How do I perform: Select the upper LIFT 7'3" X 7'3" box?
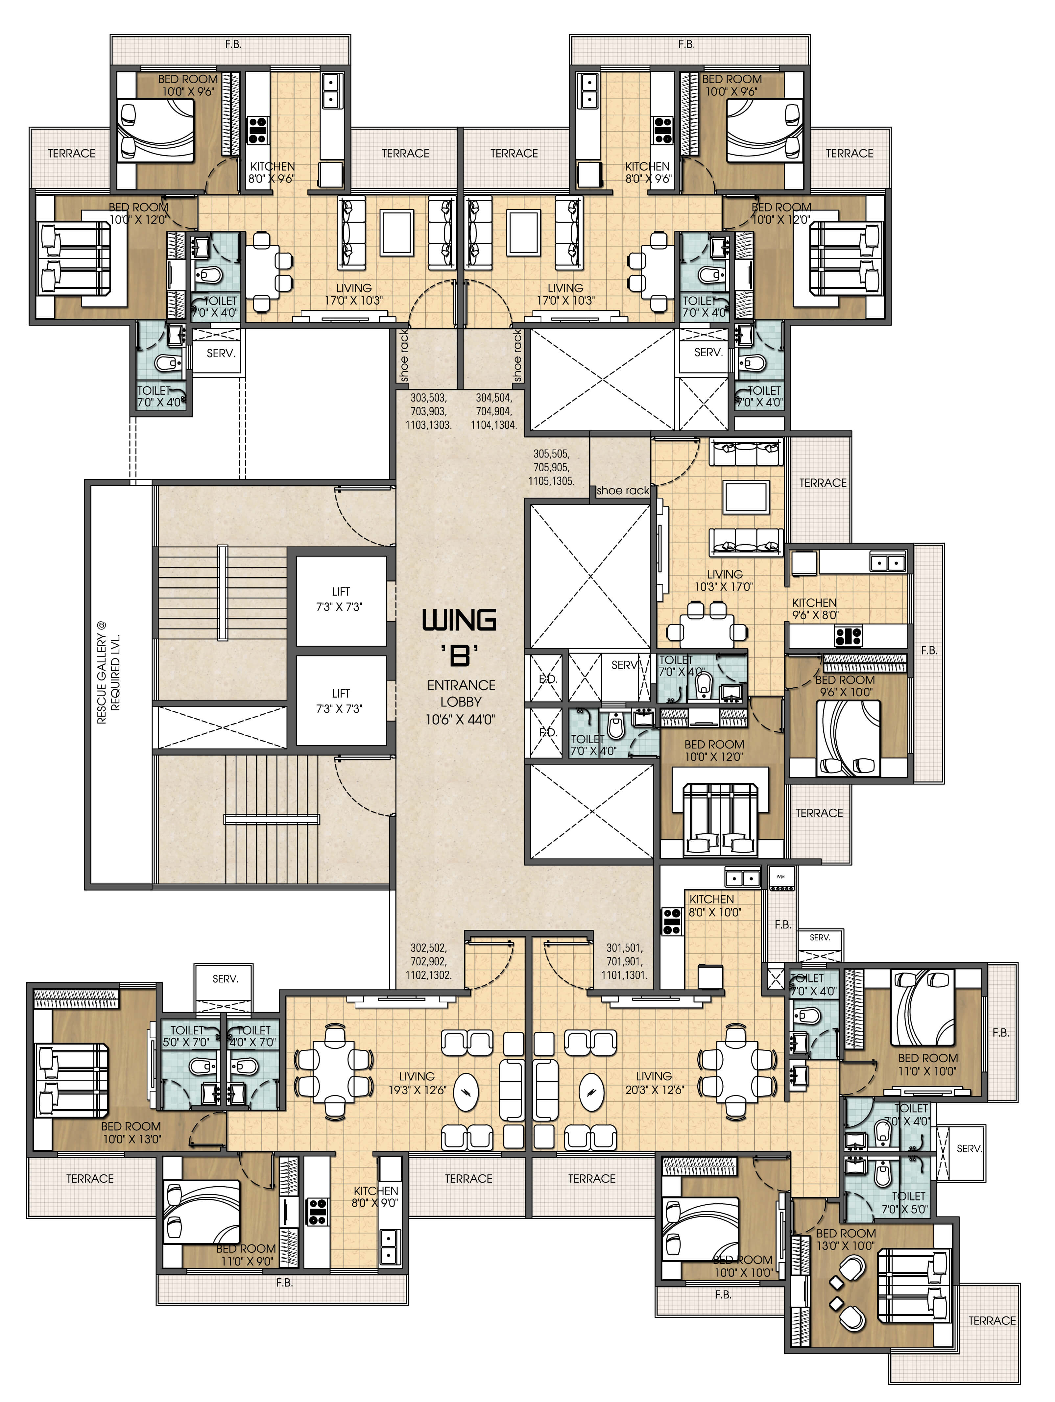[x=341, y=600]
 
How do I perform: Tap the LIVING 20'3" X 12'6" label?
[x=654, y=1083]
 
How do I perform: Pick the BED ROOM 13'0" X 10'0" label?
[x=846, y=1239]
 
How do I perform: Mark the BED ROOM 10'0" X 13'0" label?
[x=131, y=1133]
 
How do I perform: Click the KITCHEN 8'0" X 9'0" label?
[x=376, y=1197]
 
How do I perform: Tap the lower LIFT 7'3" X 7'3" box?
[x=341, y=701]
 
